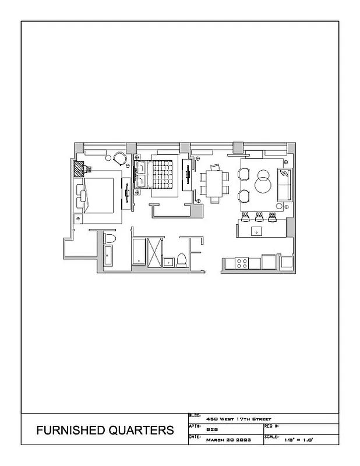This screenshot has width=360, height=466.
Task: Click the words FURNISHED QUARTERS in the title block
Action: pyautogui.click(x=105, y=430)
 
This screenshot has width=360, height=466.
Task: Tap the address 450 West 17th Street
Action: pyautogui.click(x=239, y=419)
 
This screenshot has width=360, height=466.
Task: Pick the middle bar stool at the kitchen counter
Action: pyautogui.click(x=259, y=217)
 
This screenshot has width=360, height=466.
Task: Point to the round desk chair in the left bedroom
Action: pyautogui.click(x=119, y=158)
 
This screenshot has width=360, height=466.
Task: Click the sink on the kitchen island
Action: pyautogui.click(x=257, y=231)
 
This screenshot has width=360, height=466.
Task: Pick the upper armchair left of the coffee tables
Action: pyautogui.click(x=244, y=174)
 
